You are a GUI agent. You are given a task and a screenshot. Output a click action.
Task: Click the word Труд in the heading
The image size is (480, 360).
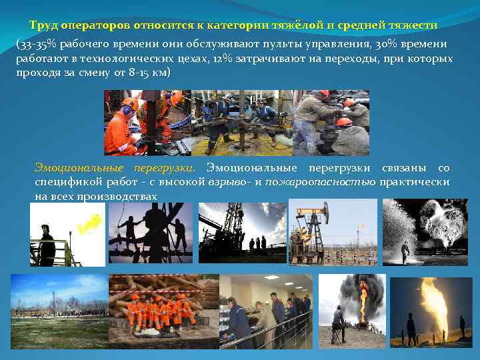coord(43,25)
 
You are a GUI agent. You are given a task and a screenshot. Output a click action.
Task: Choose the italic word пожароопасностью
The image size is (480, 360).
coord(321,182)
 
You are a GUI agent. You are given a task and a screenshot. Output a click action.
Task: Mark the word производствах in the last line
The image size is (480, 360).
coord(117,197)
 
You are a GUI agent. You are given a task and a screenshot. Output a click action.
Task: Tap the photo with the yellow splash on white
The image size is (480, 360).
coord(67,235)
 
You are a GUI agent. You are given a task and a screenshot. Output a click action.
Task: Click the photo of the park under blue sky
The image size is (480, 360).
coord(59,311)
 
